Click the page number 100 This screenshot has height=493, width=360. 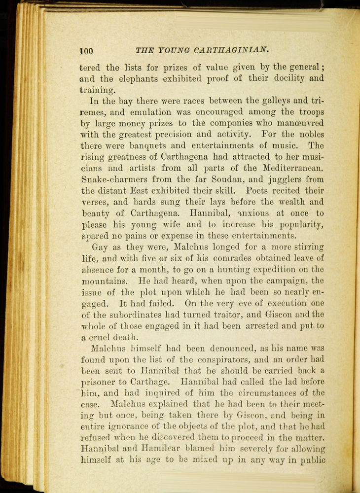(x=86, y=51)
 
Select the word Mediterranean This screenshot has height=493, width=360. (x=294, y=168)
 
